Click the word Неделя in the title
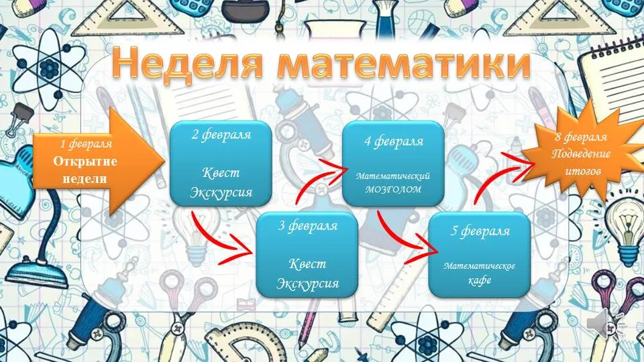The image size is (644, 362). (187, 63)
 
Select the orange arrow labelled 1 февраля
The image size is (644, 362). (99, 162)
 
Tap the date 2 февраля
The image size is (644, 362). (221, 135)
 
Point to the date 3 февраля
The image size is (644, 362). (307, 225)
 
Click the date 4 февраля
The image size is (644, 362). (394, 141)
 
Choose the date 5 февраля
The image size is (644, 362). (480, 231)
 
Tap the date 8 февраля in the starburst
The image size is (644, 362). (581, 137)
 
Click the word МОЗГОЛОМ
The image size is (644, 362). (393, 189)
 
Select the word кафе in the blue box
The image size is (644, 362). (480, 280)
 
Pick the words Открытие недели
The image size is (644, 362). (85, 170)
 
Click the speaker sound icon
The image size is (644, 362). (604, 324)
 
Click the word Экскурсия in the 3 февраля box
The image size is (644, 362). (307, 284)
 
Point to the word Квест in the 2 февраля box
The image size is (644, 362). (221, 172)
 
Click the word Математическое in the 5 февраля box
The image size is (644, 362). (479, 266)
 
